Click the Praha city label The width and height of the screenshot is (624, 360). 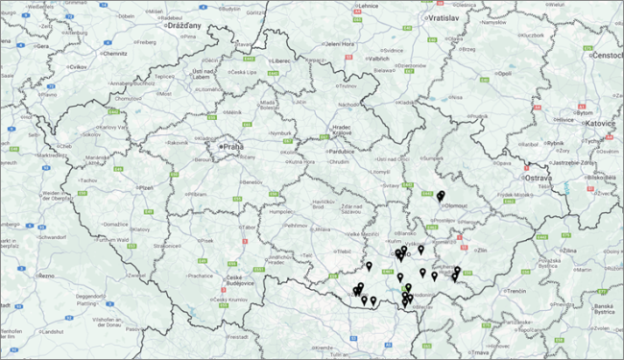[233, 146]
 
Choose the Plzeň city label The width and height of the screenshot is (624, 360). [146, 188]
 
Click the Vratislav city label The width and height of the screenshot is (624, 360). [442, 17]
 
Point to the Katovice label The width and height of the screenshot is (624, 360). [601, 123]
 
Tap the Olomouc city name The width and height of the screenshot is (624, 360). [457, 204]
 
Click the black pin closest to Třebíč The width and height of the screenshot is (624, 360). [368, 265]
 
